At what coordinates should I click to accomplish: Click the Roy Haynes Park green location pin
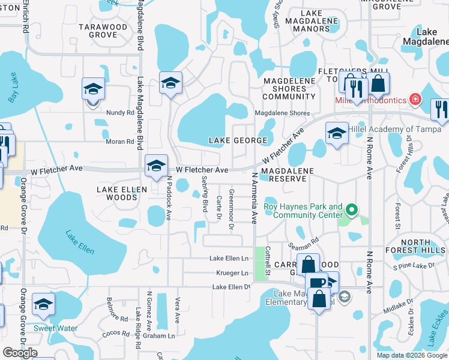click(352, 209)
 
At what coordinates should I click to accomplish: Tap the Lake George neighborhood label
click(238, 140)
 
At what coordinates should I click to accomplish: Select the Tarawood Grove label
click(103, 31)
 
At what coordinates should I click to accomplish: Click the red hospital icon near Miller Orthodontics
click(414, 99)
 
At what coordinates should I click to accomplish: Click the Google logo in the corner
click(20, 353)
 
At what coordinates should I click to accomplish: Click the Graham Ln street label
click(162, 336)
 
